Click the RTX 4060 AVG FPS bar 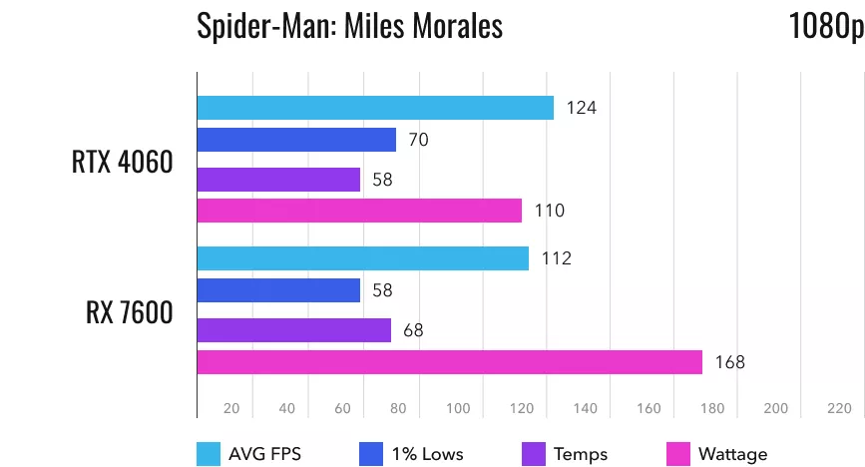click(x=375, y=108)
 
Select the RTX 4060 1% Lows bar click(x=296, y=140)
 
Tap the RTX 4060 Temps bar click(x=278, y=180)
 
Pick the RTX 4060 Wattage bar click(x=359, y=211)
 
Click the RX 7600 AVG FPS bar click(x=363, y=258)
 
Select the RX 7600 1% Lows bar click(x=278, y=290)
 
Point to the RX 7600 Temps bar click(x=294, y=329)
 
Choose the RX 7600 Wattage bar click(x=450, y=362)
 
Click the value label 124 click(x=581, y=108)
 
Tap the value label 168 click(x=729, y=362)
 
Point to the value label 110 click(x=550, y=211)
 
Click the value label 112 click(x=556, y=258)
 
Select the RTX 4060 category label click(x=122, y=162)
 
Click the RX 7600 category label click(x=129, y=312)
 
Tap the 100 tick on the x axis click(x=458, y=408)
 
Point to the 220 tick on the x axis click(x=838, y=408)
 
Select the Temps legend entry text click(x=581, y=454)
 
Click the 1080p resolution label click(x=825, y=27)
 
